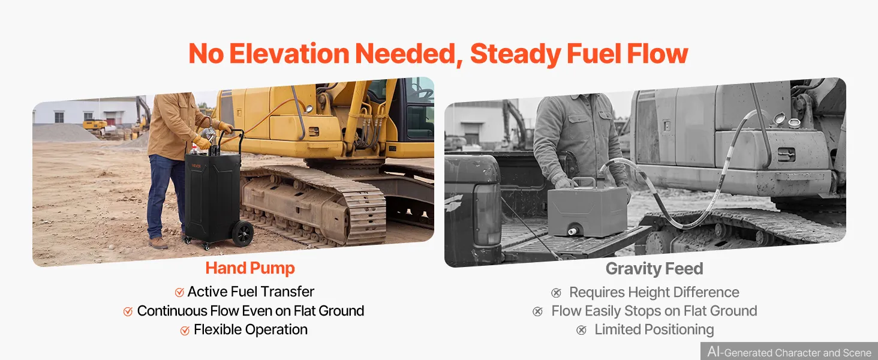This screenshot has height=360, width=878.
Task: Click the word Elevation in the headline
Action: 289,53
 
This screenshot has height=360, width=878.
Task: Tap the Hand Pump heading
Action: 250,268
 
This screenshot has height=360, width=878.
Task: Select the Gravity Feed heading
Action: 654,269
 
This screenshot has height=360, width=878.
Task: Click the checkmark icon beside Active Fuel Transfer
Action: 179,292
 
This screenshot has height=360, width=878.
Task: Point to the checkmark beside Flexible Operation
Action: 185,330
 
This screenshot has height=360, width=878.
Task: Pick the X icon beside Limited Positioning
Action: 581,330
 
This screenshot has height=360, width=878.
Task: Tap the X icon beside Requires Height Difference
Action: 556,293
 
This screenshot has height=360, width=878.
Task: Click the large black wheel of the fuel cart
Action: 243,233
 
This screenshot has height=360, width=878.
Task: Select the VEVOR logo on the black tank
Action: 196,166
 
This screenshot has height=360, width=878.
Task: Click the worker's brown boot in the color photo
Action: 158,243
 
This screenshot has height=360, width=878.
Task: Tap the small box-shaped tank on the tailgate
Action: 587,210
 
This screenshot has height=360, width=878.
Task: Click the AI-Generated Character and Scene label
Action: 789,352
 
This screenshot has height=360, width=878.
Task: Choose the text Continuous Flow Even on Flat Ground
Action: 251,311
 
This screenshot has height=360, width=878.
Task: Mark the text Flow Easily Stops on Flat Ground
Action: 654,311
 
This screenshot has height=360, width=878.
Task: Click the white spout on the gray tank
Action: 573,232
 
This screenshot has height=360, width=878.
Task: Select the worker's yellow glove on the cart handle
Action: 225,127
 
